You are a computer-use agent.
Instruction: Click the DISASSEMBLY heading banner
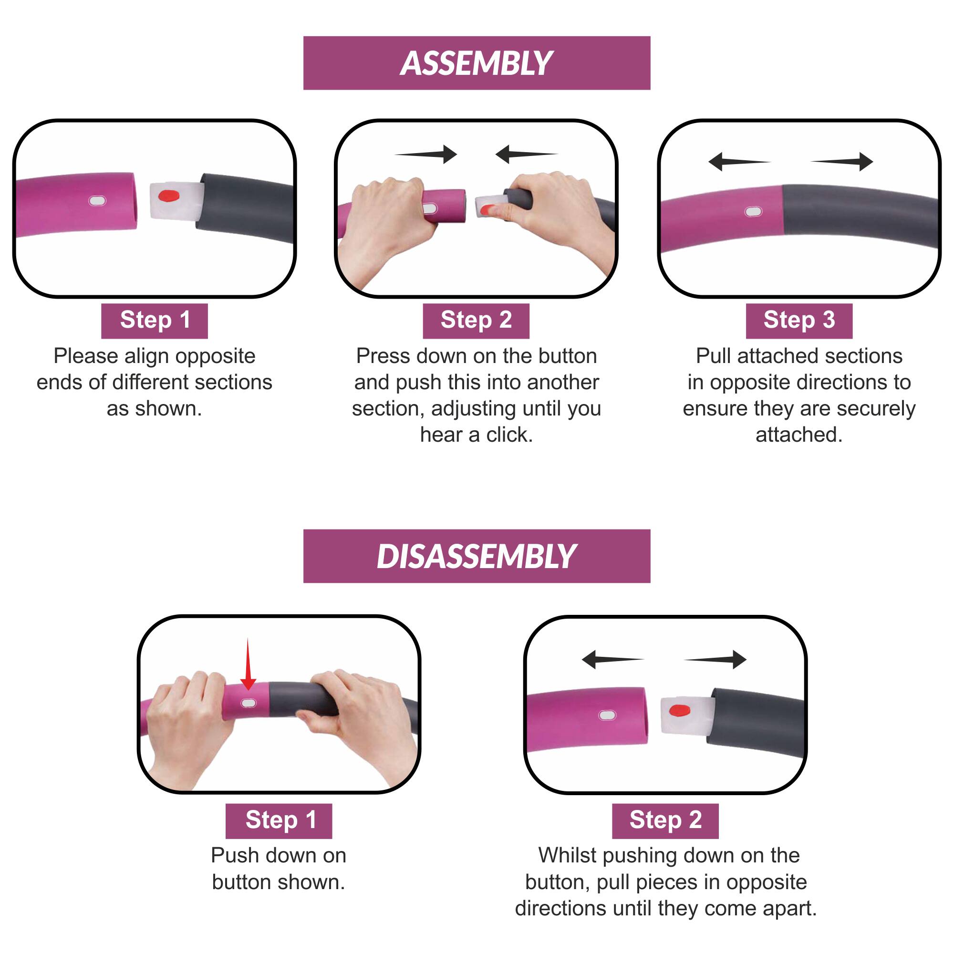[x=477, y=556]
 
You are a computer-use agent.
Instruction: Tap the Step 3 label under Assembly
[x=799, y=321]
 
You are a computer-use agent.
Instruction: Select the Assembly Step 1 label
[x=155, y=321]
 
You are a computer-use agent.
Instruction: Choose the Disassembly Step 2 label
[x=665, y=820]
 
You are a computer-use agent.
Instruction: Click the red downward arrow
[x=248, y=664]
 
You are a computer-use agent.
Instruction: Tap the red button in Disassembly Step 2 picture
[x=679, y=711]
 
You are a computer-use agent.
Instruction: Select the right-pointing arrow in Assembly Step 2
[x=425, y=154]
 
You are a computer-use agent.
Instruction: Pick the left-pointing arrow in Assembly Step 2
[x=527, y=154]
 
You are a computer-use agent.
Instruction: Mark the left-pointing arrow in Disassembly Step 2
[x=613, y=659]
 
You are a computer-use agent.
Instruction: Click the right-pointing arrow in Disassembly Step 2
[x=715, y=659]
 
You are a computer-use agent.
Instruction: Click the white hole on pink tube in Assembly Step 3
[x=753, y=212]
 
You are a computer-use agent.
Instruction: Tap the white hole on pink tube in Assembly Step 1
[x=97, y=201]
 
